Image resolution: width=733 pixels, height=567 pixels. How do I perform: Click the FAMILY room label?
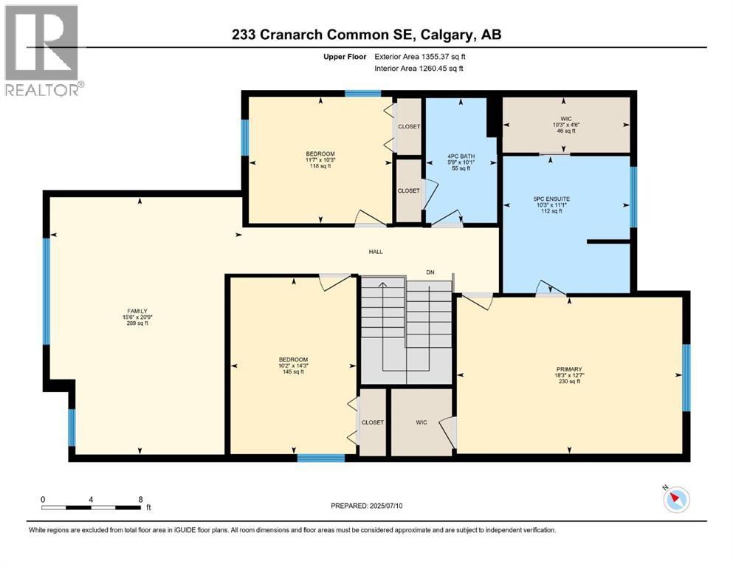coord(138,311)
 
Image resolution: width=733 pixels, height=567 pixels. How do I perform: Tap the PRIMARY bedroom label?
coord(569,369)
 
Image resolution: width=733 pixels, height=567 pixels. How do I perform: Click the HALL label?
coord(376,252)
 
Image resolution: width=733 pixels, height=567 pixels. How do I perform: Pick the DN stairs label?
coord(430,272)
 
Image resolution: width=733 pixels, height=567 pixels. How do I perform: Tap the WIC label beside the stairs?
coord(421,422)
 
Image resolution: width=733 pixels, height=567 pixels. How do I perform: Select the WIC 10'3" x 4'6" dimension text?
coord(566,124)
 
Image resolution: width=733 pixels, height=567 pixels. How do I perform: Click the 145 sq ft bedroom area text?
coord(293,371)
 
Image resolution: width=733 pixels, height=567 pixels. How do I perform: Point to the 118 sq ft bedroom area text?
coord(320,166)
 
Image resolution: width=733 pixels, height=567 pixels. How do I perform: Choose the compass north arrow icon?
coord(675,500)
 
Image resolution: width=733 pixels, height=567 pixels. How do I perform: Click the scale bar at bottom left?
coord(92,507)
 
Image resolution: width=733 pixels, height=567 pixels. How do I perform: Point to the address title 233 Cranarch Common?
coord(367,35)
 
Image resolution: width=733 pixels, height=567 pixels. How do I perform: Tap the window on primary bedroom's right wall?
coord(686,377)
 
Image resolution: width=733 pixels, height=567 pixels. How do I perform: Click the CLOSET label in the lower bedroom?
coord(373,422)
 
